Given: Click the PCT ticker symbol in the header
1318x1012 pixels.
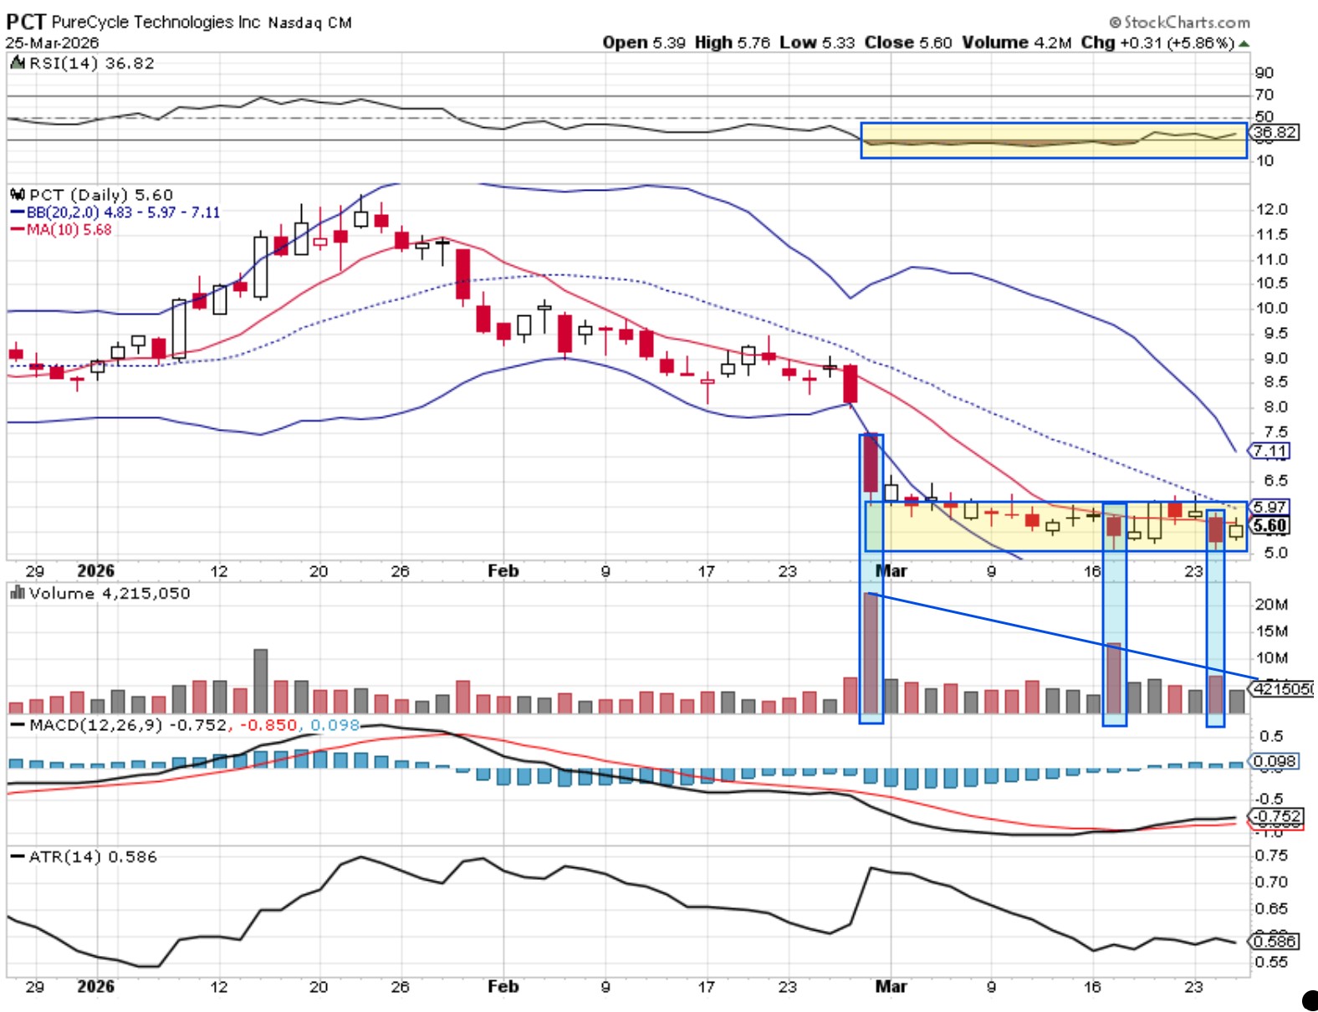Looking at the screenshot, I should pyautogui.click(x=26, y=22).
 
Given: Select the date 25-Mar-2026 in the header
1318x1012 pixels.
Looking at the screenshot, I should pyautogui.click(x=52, y=43).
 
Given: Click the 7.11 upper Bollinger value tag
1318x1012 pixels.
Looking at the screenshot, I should pyautogui.click(x=1269, y=452).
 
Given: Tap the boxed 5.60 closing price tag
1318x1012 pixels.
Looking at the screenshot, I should pyautogui.click(x=1269, y=526).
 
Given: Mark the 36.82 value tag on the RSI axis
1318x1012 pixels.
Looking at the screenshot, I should pyautogui.click(x=1275, y=132).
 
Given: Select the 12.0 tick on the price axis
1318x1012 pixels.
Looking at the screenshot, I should pyautogui.click(x=1271, y=209).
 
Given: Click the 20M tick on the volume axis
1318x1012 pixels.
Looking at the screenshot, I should pyautogui.click(x=1270, y=604).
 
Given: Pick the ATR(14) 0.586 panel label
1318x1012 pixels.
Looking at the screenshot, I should pyautogui.click(x=92, y=856).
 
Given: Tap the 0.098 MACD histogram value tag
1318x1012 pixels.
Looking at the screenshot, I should pyautogui.click(x=1275, y=761).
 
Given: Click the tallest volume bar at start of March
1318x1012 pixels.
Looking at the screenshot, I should pyautogui.click(x=871, y=652).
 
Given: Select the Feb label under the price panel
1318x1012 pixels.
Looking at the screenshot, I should pyautogui.click(x=503, y=570).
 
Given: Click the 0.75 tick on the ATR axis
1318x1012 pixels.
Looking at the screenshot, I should pyautogui.click(x=1271, y=855).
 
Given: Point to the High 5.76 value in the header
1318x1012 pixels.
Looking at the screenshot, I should pyautogui.click(x=732, y=43).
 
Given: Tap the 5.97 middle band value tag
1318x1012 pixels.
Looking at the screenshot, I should pyautogui.click(x=1269, y=507).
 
